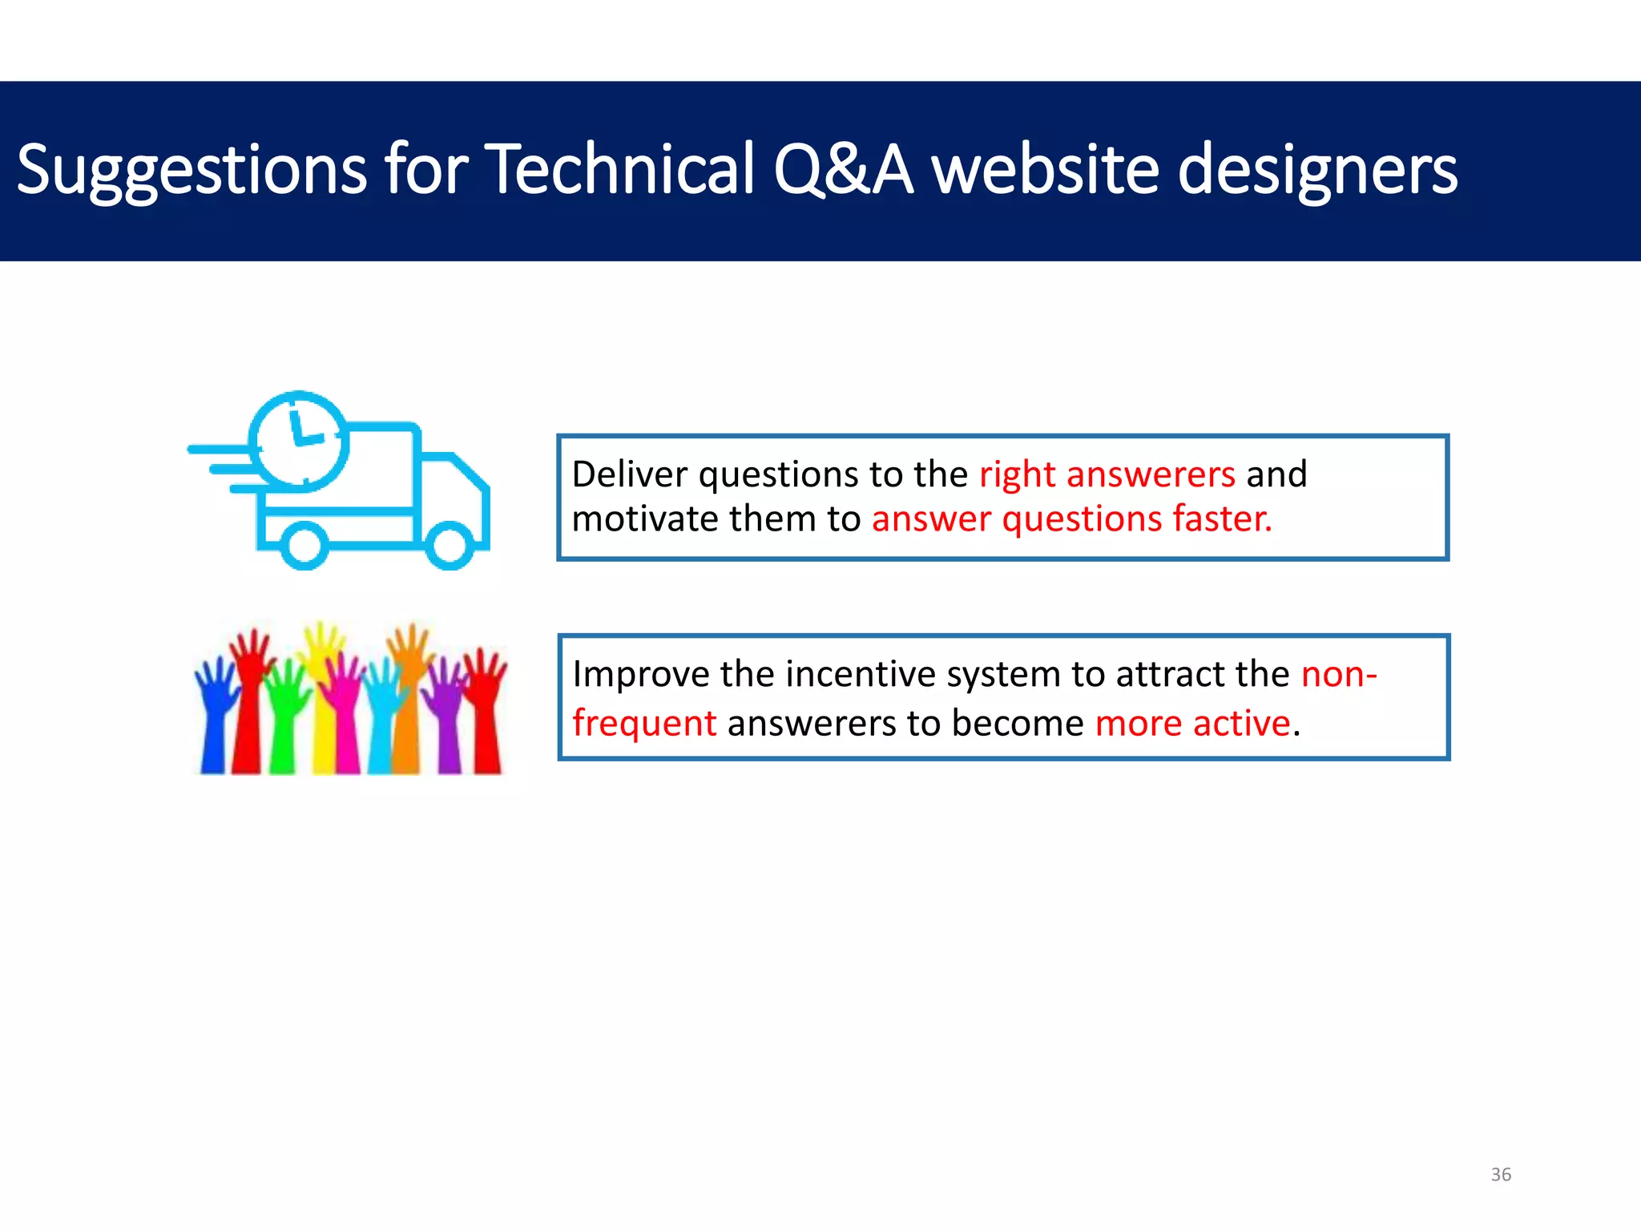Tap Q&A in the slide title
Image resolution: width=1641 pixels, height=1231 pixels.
pyautogui.click(x=843, y=170)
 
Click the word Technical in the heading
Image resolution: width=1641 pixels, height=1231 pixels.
pyautogui.click(x=621, y=170)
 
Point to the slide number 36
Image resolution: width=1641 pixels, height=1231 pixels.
pyautogui.click(x=1501, y=1175)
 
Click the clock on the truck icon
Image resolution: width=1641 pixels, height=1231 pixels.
pyautogui.click(x=299, y=441)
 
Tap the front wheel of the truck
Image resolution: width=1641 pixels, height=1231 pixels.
pyautogui.click(x=450, y=545)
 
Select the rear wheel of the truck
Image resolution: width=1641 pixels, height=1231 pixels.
pyautogui.click(x=304, y=545)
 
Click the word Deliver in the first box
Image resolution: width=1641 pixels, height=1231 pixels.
pyautogui.click(x=630, y=474)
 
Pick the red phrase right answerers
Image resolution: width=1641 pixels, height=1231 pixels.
pyautogui.click(x=1107, y=474)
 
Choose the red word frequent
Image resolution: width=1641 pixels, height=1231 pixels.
pyautogui.click(x=644, y=724)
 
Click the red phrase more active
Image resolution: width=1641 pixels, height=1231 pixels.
pyautogui.click(x=1192, y=724)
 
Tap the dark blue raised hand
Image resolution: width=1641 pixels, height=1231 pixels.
pyautogui.click(x=214, y=713)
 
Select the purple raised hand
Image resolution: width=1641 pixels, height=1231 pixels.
pyautogui.click(x=446, y=713)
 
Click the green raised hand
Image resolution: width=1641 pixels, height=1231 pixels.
pyautogui.click(x=283, y=717)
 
